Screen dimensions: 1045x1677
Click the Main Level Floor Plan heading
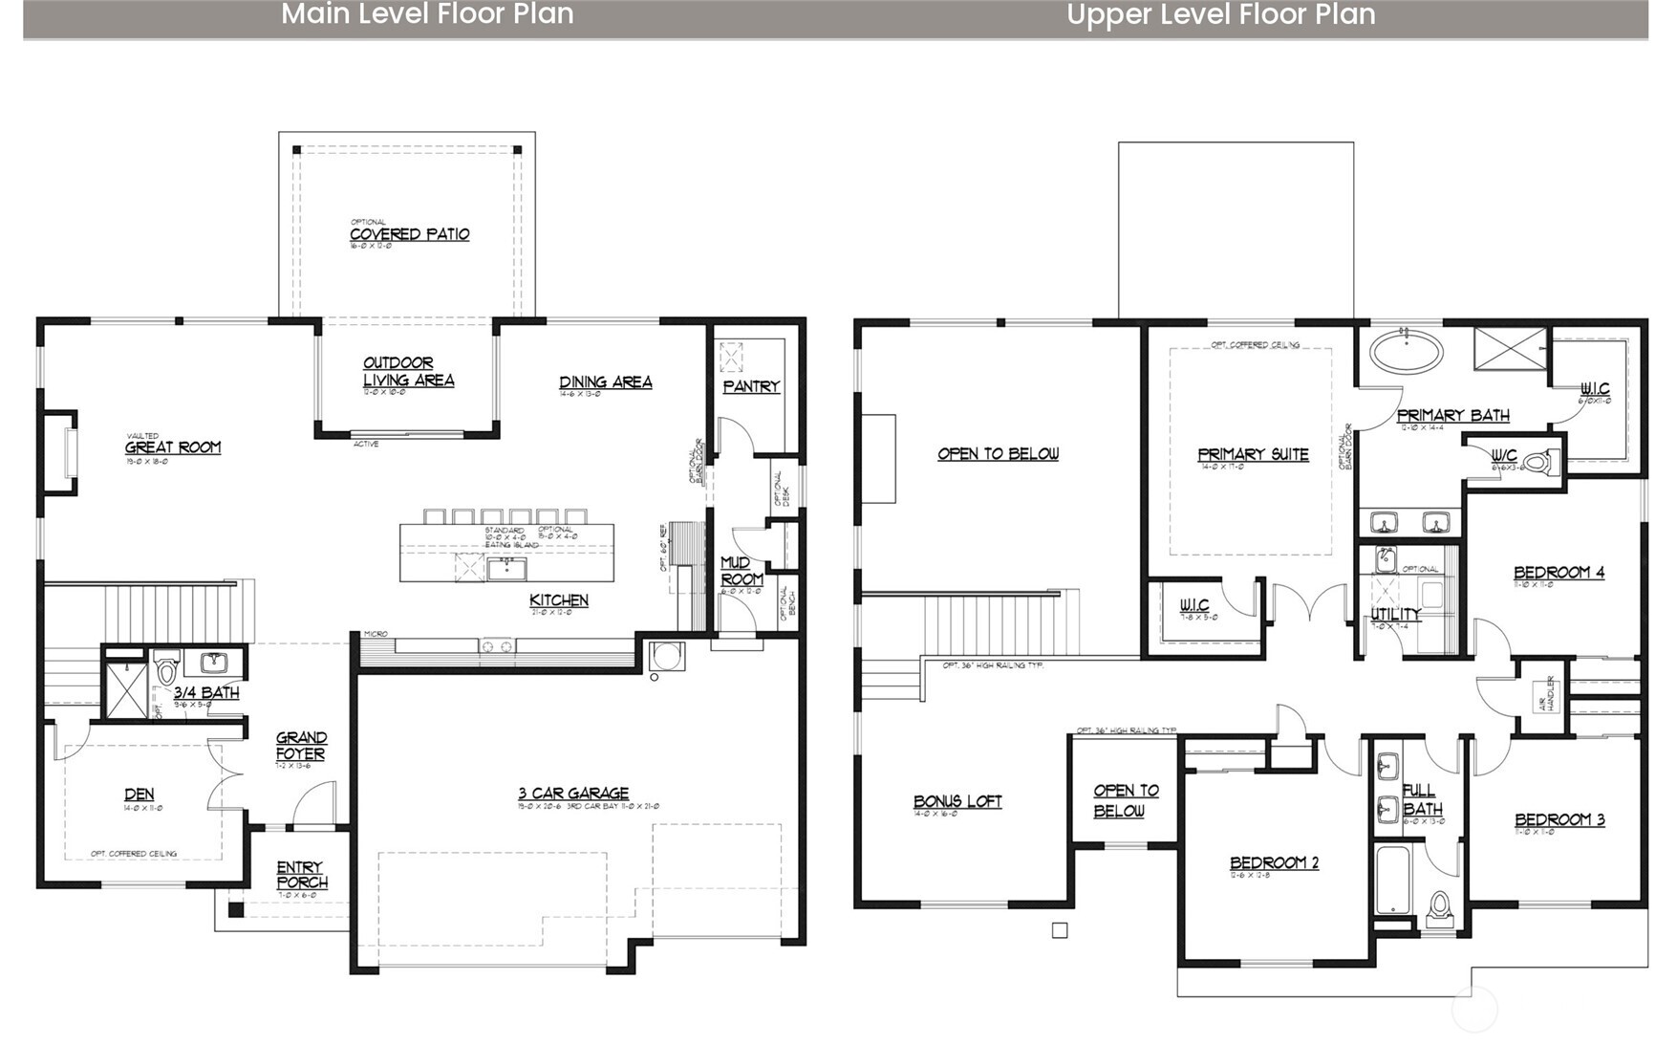(427, 14)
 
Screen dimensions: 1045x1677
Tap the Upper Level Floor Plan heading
(1220, 14)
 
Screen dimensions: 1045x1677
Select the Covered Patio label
(409, 234)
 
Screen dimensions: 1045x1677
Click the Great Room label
(173, 446)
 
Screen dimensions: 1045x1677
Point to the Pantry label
(751, 386)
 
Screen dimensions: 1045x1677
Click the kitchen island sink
(505, 570)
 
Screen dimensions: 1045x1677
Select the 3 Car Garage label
(573, 793)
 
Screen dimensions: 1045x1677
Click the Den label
(139, 794)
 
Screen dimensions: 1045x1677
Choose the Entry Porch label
(302, 875)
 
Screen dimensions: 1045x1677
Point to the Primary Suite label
(1253, 454)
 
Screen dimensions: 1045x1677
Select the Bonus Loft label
(957, 801)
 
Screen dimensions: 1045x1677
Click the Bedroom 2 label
(1274, 862)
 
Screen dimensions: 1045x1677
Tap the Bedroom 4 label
(1559, 572)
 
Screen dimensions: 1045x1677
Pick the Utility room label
(1395, 614)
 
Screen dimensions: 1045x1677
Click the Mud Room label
(742, 571)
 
